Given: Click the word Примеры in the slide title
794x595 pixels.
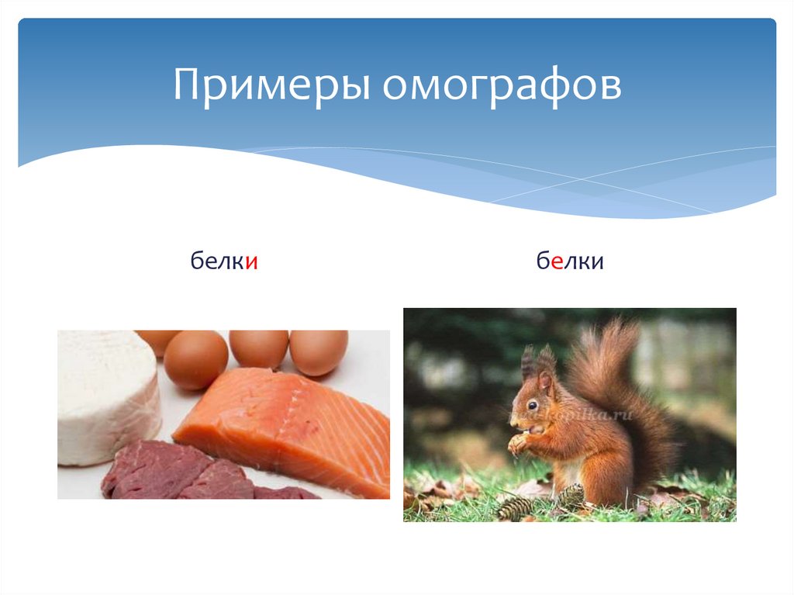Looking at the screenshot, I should click(x=271, y=86).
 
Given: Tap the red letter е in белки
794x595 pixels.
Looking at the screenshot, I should click(x=557, y=263).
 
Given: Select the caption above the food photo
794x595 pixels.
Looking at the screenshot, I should click(x=224, y=263).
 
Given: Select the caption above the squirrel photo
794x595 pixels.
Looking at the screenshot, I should click(x=570, y=263).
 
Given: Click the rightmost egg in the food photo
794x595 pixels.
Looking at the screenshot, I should click(x=319, y=351).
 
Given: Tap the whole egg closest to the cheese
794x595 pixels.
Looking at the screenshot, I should click(x=195, y=358).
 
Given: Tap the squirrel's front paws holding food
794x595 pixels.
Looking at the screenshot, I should click(x=517, y=444).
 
